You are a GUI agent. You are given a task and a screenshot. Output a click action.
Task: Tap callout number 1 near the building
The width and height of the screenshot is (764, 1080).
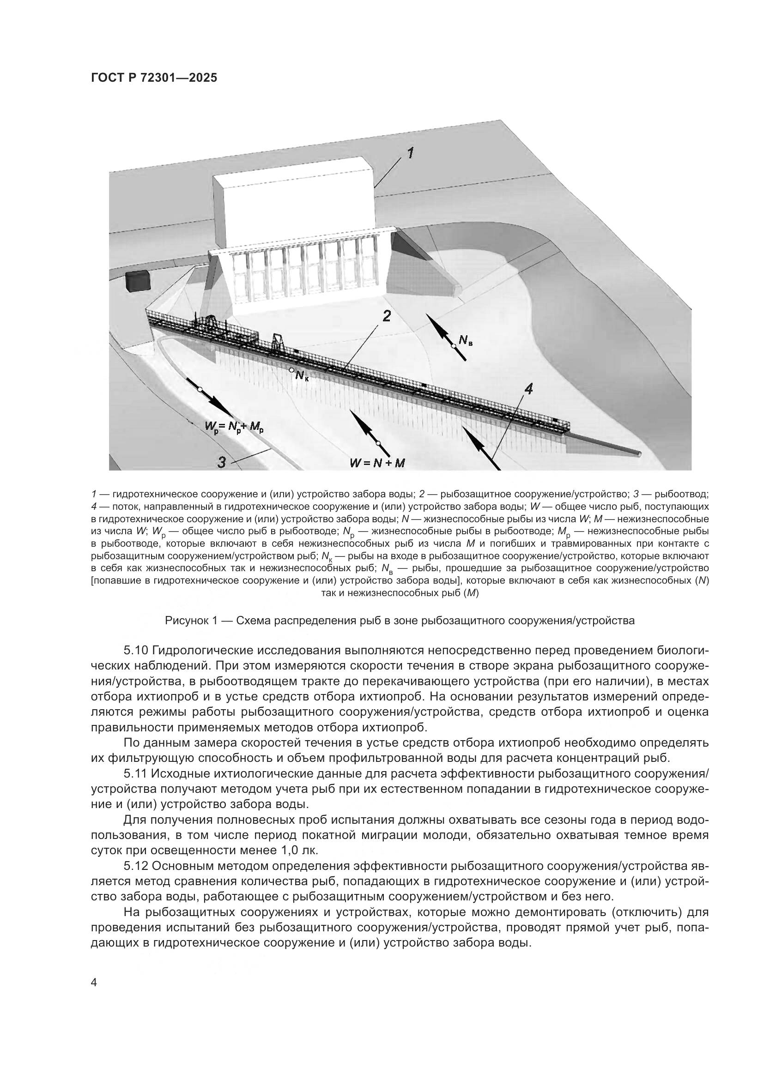click(410, 153)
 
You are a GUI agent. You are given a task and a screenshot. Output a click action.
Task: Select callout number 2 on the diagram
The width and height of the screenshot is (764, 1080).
click(386, 316)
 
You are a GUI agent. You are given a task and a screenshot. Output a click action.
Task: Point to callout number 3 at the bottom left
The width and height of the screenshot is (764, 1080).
click(221, 462)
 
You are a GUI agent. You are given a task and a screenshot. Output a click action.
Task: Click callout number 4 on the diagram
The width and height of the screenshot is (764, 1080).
click(528, 388)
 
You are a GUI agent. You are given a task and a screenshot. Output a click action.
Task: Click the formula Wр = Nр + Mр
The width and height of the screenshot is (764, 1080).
click(234, 427)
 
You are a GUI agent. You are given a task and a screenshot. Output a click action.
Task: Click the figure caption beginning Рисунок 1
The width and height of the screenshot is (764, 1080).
click(400, 621)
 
